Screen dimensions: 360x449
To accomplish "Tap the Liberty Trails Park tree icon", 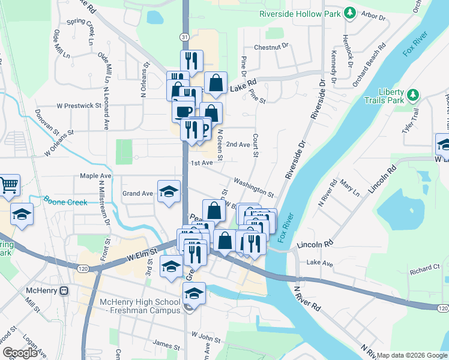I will (x=412, y=95).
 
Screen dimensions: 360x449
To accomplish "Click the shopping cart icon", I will (x=9, y=185).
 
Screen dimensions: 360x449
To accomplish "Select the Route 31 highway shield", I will (x=184, y=37).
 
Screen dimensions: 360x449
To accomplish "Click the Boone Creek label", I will (x=65, y=202).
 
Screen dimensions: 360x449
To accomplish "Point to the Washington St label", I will (x=253, y=187).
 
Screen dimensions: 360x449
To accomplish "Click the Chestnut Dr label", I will (x=271, y=46).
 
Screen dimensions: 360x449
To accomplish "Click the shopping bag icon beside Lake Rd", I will (x=215, y=83).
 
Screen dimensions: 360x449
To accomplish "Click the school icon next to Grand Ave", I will (x=169, y=191).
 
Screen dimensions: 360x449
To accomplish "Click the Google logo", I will (x=20, y=353).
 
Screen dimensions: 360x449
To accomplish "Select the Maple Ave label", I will (x=96, y=176).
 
